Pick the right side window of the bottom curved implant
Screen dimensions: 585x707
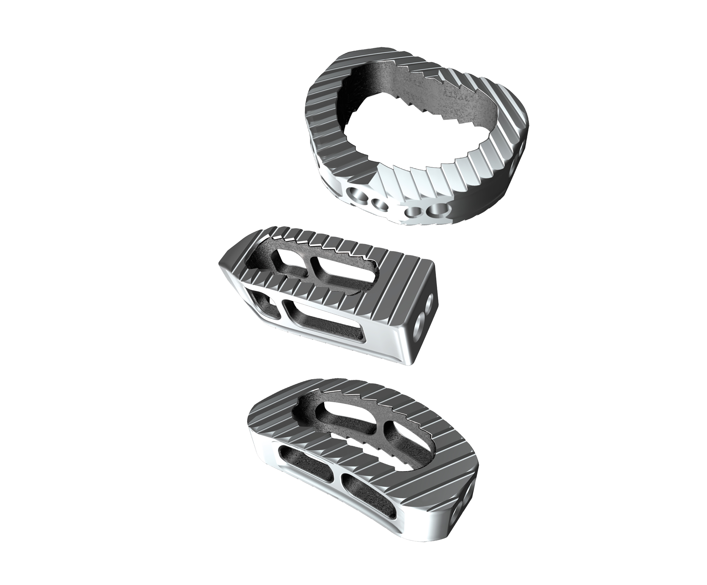point(365,497)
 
